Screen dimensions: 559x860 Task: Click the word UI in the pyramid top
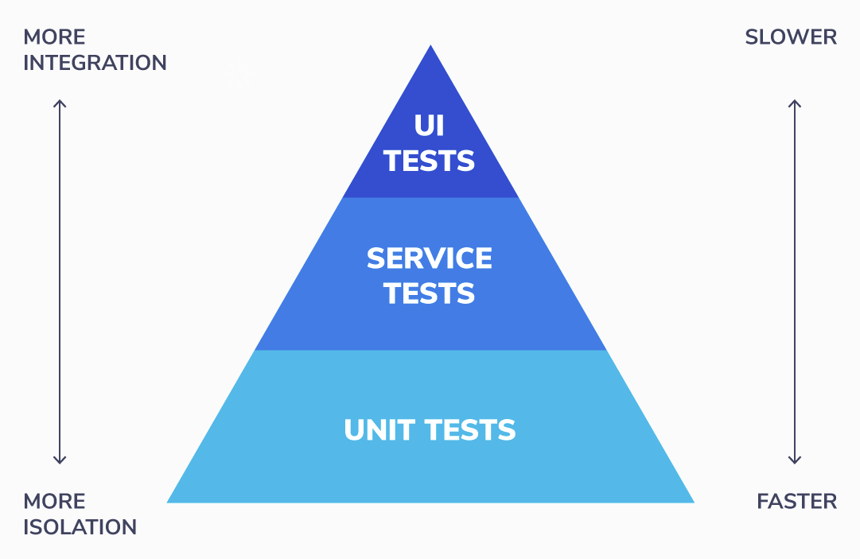[430, 126]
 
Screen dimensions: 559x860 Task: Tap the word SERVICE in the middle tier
[430, 258]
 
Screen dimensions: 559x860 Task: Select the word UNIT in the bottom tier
[379, 430]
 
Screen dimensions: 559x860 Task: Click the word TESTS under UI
[430, 161]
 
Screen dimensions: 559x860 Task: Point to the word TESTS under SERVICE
[430, 293]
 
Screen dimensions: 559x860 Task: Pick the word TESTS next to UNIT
[470, 430]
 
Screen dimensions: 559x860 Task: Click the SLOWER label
[791, 37]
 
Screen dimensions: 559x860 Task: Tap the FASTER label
[796, 502]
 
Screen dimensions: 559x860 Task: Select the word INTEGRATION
[95, 63]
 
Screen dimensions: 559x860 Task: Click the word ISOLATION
[80, 527]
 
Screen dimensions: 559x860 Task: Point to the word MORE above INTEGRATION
[54, 37]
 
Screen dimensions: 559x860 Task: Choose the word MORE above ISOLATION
[54, 502]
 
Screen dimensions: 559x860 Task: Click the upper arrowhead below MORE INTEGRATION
[60, 103]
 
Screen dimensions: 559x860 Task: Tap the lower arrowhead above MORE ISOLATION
[60, 460]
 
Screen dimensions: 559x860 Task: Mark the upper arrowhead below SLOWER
[794, 103]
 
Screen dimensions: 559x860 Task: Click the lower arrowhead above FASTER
[794, 460]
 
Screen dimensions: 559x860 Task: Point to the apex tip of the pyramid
[430, 47]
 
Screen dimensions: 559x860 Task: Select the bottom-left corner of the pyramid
[169, 501]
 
